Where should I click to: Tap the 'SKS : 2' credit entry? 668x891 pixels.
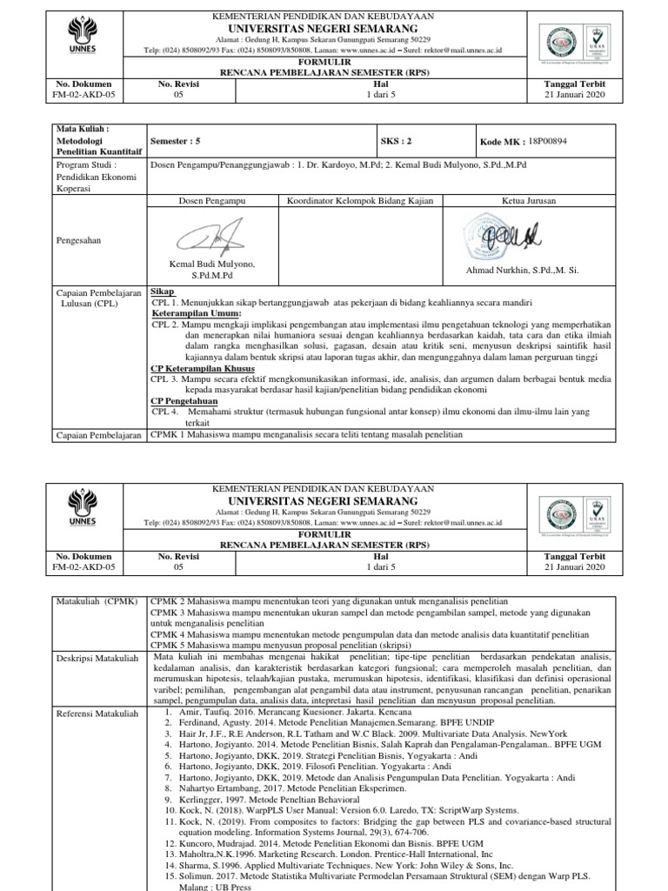click(x=397, y=139)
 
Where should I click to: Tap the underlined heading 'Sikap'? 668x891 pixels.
click(x=164, y=291)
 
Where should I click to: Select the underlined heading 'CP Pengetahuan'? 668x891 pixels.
click(x=184, y=400)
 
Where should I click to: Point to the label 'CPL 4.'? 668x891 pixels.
click(x=165, y=411)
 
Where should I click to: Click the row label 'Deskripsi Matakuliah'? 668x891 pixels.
click(x=97, y=658)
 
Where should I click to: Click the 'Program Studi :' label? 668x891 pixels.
click(x=86, y=163)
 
